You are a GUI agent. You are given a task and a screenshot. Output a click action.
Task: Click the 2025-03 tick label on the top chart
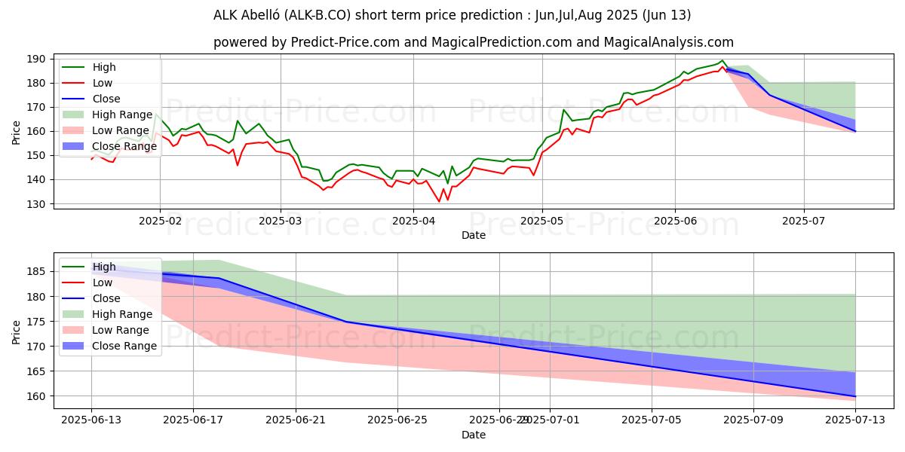[281, 221]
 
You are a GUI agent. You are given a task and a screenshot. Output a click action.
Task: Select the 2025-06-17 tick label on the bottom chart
[193, 420]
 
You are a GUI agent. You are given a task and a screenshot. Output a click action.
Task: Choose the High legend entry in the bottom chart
[104, 267]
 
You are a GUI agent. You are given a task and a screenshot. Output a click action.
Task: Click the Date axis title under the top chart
[473, 235]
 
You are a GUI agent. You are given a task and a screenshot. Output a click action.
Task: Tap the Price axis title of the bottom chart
[17, 331]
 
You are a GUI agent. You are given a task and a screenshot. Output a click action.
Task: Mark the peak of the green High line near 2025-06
[722, 60]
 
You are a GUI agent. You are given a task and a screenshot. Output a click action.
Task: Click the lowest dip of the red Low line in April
[439, 201]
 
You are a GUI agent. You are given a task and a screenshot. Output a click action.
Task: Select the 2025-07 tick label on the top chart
[804, 221]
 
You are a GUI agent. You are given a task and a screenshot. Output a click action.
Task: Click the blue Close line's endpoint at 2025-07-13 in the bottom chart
[855, 396]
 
